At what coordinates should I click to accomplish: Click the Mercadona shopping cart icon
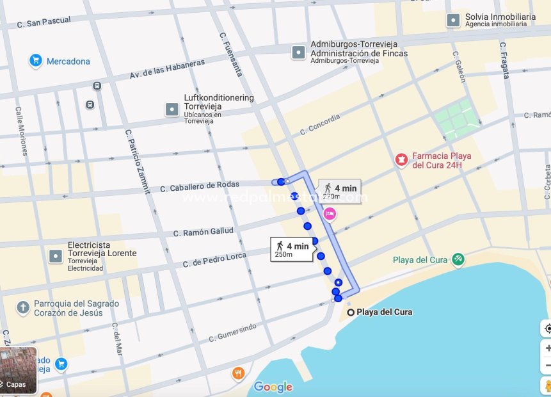coord(36,61)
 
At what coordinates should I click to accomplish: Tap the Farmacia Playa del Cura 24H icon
coord(401,159)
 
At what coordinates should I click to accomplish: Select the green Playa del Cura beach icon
coord(458,259)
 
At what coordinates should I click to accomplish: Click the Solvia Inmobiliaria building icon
coord(453,20)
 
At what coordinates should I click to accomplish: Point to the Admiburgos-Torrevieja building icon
coord(298,53)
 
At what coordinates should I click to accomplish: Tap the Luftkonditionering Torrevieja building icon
coord(172,109)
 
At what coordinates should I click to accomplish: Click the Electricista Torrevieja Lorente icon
coord(56,256)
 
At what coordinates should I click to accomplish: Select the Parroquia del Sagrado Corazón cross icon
coord(23,308)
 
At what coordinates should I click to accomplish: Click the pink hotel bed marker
coord(330,213)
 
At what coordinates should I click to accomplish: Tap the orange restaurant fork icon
coord(238,373)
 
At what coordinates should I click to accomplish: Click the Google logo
coord(273,387)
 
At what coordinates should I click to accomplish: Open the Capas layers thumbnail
coord(18,371)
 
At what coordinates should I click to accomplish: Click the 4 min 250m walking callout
coord(292,249)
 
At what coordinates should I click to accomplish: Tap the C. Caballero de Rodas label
coord(200,186)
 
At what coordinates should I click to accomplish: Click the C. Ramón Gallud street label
coord(204,232)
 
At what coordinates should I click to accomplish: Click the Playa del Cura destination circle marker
coord(351,312)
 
